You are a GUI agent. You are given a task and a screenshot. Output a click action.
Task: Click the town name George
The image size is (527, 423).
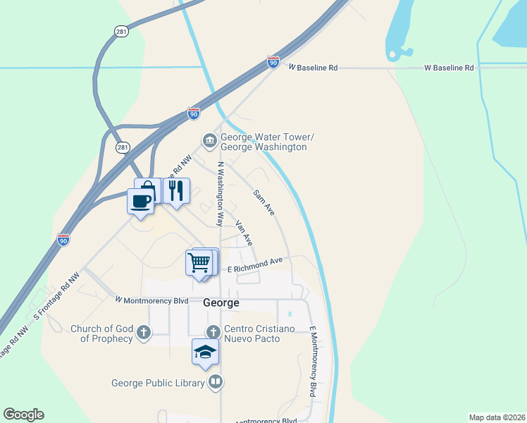(x=221, y=303)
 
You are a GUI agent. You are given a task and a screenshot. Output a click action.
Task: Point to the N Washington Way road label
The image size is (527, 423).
(x=220, y=194)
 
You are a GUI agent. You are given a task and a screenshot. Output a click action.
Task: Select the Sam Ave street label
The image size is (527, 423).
(x=264, y=202)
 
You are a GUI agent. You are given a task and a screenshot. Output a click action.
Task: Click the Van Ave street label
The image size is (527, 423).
(x=244, y=233)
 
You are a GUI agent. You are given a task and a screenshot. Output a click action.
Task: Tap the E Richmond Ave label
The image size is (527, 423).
(x=254, y=265)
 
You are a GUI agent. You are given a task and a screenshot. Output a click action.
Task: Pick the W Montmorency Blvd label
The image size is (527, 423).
(x=151, y=300)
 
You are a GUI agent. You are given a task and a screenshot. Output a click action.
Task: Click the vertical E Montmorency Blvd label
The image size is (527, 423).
(x=312, y=361)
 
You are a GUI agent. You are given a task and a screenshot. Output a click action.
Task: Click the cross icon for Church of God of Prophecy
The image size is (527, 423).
(x=144, y=331)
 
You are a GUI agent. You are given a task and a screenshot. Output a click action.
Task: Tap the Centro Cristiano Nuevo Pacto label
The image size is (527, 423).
(x=252, y=334)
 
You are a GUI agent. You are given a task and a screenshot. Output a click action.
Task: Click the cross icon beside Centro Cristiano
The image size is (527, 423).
(x=213, y=331)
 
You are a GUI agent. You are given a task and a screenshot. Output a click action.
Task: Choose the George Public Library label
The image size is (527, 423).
(x=159, y=384)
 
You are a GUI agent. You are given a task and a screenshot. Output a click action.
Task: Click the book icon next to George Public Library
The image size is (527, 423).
(x=216, y=383)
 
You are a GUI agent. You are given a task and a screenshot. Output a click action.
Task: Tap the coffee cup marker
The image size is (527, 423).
(x=141, y=201)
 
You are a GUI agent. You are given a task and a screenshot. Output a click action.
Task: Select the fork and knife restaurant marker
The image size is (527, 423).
(x=176, y=190)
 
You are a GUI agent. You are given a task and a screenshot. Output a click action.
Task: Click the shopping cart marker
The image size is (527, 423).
(x=199, y=263)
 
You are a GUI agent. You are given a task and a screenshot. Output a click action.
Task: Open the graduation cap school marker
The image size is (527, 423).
(x=205, y=351)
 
